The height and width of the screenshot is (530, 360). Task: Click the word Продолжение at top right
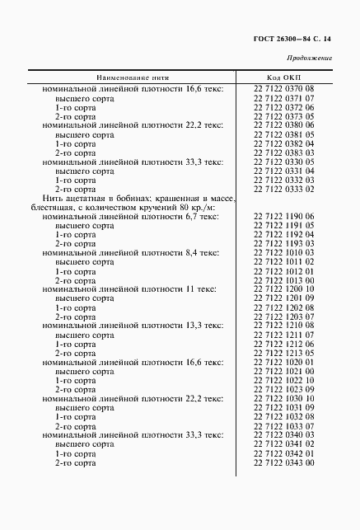point(308,58)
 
